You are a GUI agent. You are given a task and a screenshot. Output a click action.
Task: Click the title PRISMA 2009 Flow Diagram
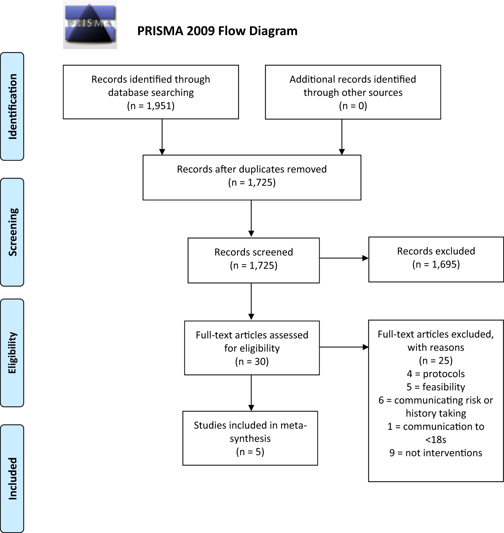click(217, 31)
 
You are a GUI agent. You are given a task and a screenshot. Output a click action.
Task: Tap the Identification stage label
click(12, 106)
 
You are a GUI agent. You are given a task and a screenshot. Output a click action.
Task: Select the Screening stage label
click(12, 232)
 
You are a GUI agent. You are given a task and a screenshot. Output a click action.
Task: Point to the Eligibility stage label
click(12, 353)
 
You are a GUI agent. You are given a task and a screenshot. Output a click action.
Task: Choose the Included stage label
click(12, 478)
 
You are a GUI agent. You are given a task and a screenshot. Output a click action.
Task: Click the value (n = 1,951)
click(151, 106)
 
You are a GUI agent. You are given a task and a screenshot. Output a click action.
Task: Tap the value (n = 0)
click(353, 106)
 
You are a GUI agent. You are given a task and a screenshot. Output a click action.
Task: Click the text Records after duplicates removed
click(252, 169)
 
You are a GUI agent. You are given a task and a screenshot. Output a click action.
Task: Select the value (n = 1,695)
click(436, 264)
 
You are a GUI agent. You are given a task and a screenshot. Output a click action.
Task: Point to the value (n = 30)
click(252, 362)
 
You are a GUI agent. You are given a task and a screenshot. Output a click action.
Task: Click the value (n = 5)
click(250, 452)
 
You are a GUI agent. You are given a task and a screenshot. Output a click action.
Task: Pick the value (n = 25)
click(435, 361)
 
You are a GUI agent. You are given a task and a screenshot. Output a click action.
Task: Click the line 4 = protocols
click(435, 374)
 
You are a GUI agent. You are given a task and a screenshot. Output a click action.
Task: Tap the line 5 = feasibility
click(435, 387)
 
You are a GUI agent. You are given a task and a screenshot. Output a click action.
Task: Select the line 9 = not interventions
click(435, 453)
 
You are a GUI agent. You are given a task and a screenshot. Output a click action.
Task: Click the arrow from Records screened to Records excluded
click(344, 258)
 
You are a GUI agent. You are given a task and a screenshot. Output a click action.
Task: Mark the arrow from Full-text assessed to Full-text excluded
click(344, 347)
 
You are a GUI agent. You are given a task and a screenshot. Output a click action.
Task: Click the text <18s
click(435, 440)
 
